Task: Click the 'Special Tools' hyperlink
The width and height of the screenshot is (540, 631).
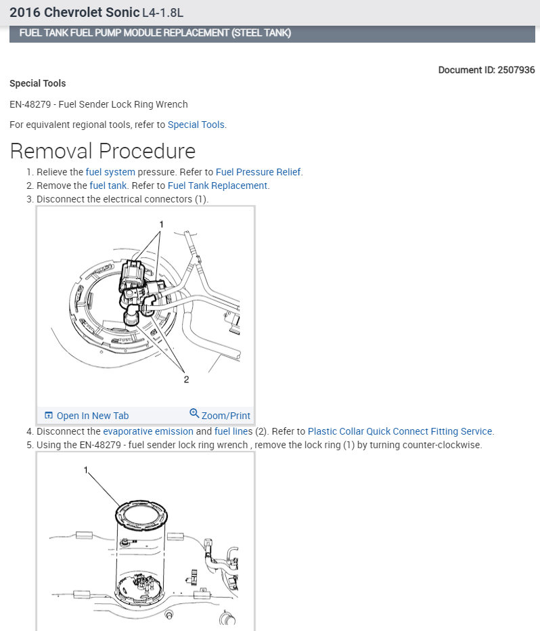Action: tap(196, 125)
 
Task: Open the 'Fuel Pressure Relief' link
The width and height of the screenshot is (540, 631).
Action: tap(258, 172)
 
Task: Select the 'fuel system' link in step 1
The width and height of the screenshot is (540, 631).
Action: tap(110, 172)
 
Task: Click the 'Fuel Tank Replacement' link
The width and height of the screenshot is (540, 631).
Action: tap(217, 186)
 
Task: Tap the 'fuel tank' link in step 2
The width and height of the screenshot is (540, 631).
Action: tap(108, 186)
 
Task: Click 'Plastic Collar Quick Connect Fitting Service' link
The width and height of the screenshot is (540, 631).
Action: tap(401, 431)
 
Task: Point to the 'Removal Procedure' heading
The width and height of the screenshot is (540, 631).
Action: tap(102, 151)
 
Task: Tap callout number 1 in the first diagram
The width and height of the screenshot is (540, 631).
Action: tap(162, 224)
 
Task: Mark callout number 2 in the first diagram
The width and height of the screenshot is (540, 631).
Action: tap(186, 380)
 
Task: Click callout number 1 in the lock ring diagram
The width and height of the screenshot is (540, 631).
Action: tap(86, 469)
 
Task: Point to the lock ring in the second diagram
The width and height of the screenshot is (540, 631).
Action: tap(143, 510)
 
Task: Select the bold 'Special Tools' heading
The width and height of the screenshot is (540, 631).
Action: tap(38, 83)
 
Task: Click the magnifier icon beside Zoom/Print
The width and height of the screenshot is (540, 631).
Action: tap(194, 414)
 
